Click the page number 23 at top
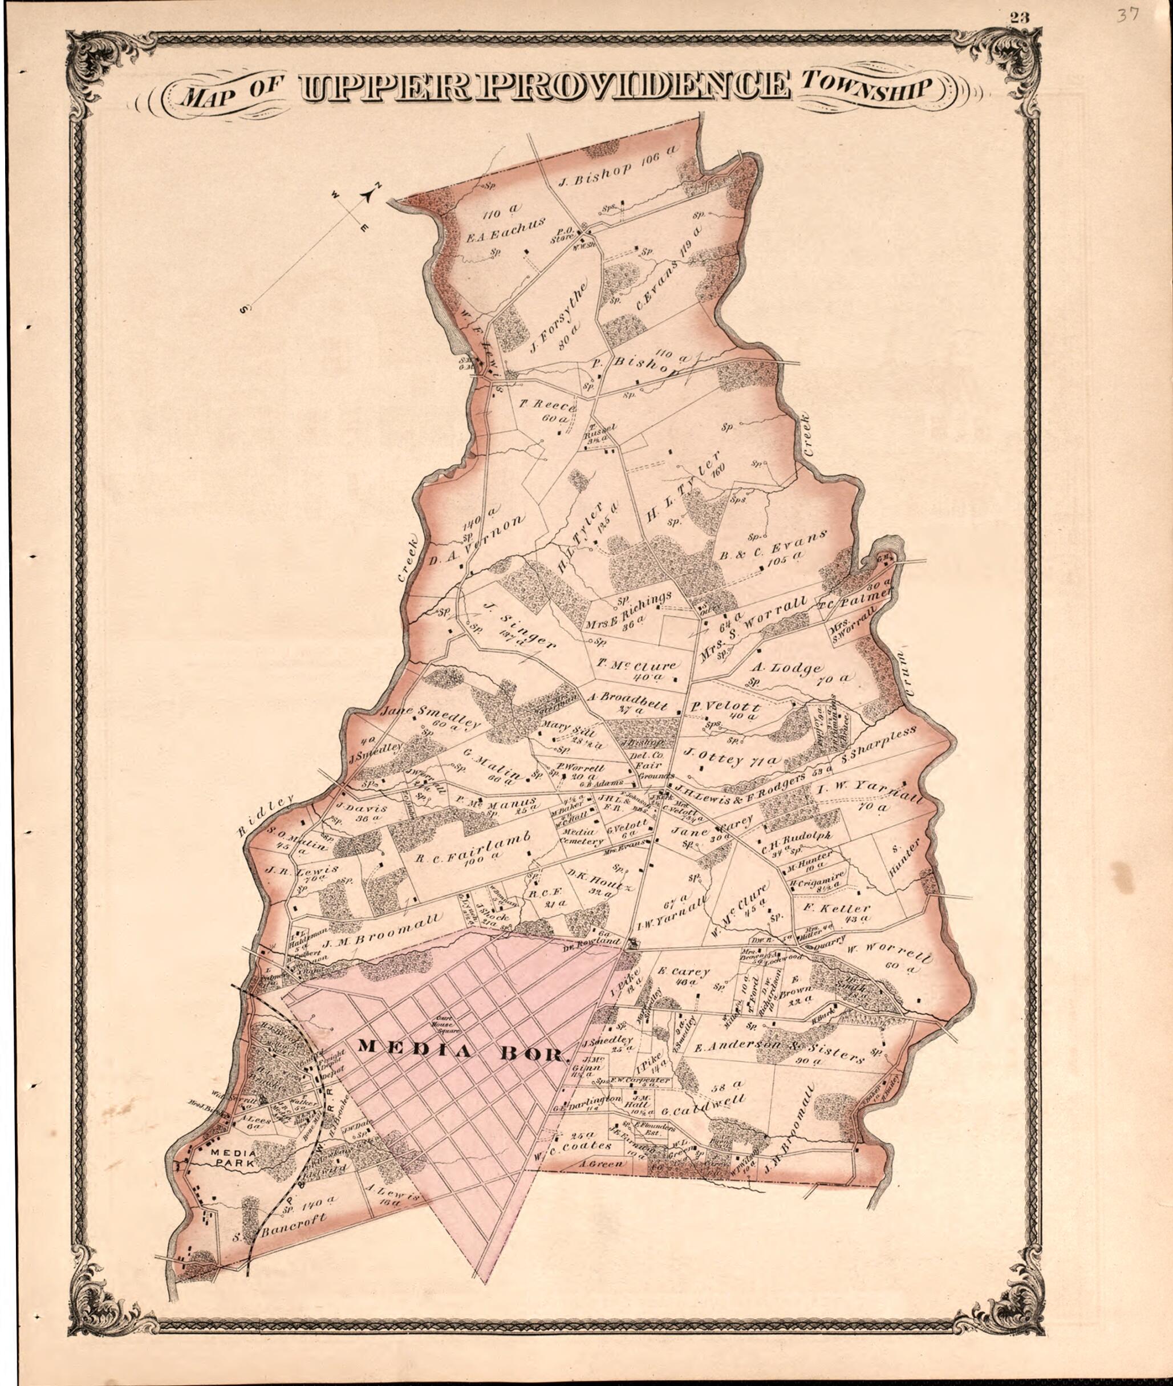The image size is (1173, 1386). [x=1018, y=18]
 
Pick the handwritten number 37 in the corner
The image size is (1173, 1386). [x=1128, y=15]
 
